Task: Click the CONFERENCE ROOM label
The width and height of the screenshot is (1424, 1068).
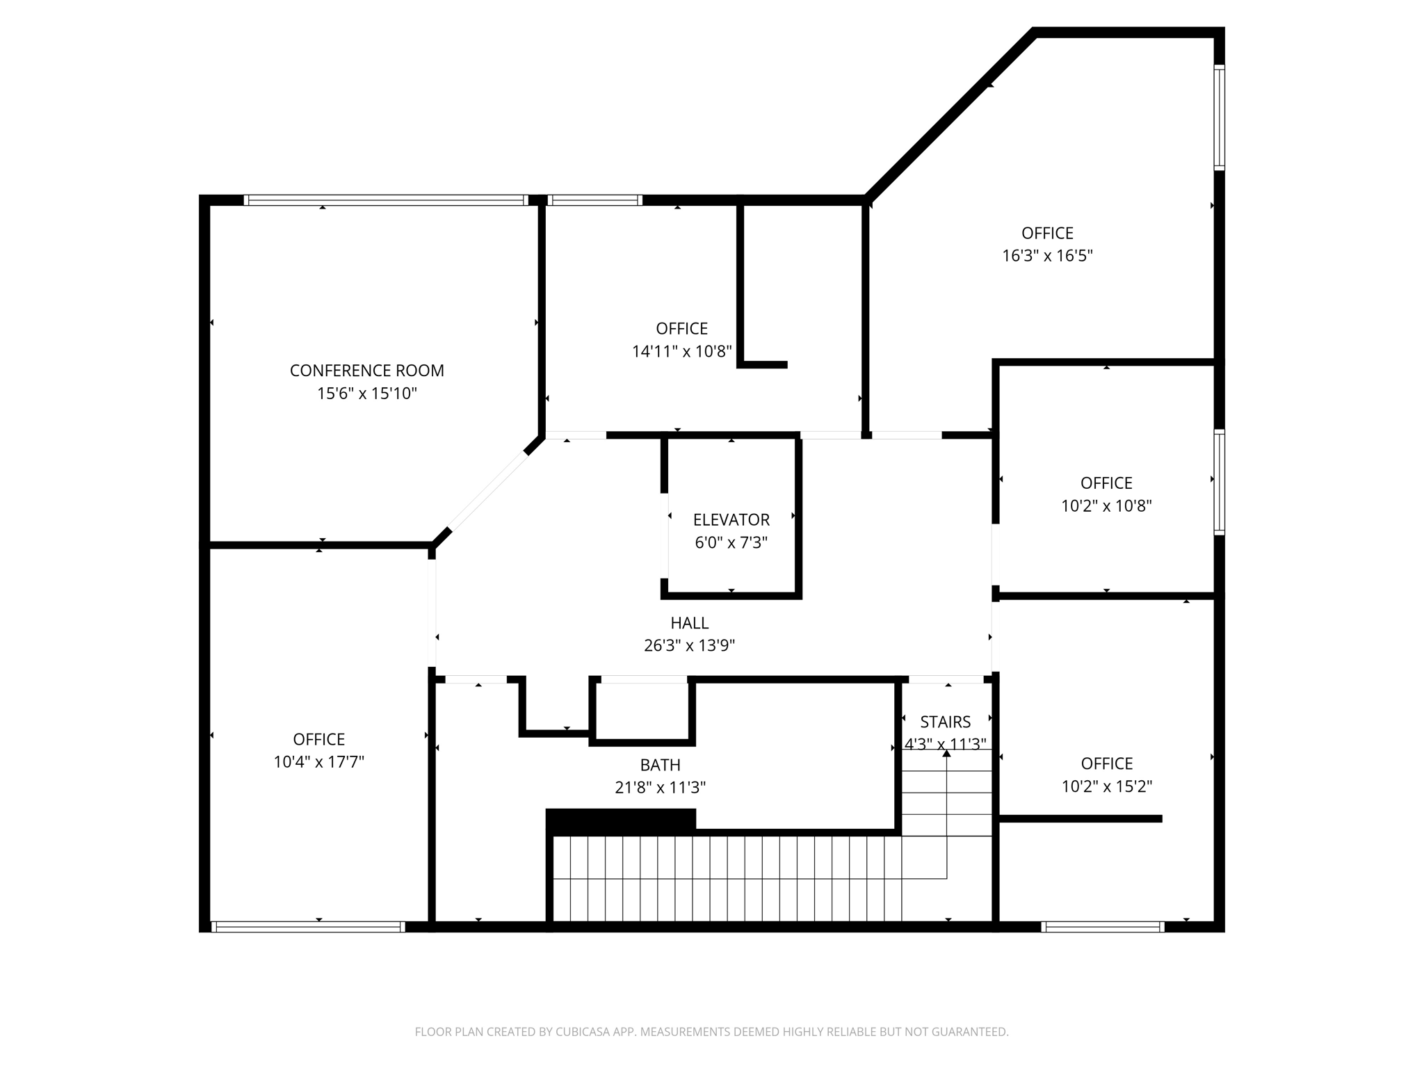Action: tap(366, 371)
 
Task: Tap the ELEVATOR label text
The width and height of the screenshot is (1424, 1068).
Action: tap(731, 520)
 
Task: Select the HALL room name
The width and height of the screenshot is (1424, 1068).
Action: tap(689, 623)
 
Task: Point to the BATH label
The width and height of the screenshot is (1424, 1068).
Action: tap(660, 765)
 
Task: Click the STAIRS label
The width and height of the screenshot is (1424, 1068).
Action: tap(945, 722)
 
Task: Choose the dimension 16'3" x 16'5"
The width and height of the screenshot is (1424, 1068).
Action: tap(1046, 256)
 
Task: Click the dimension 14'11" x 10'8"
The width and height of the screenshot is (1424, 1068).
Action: tap(681, 352)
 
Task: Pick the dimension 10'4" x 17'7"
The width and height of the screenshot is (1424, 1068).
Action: tap(318, 762)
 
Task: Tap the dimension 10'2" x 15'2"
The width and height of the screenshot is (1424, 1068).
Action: tap(1106, 786)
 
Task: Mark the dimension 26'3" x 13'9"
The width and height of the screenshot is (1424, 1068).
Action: tap(689, 646)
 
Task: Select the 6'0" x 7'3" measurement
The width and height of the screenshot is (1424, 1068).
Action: tap(731, 542)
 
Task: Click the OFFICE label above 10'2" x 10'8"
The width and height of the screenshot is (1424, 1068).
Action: tap(1106, 483)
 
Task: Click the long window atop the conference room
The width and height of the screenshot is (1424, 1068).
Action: tap(386, 200)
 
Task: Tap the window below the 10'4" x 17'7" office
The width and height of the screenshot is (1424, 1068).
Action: tap(308, 926)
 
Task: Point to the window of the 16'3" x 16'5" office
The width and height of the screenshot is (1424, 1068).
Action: tap(1219, 118)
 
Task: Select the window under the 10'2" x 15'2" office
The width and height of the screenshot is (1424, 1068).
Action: tap(1103, 926)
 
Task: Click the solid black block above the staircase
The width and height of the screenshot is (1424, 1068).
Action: tap(620, 821)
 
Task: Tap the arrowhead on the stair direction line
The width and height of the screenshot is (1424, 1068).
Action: tap(946, 753)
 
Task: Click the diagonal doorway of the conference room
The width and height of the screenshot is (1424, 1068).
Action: tap(488, 490)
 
